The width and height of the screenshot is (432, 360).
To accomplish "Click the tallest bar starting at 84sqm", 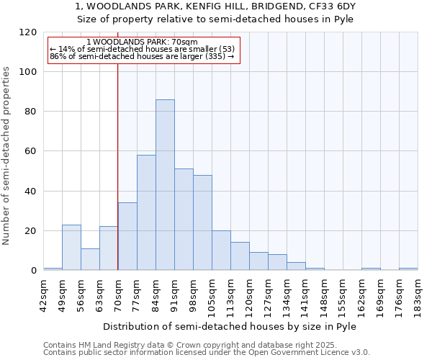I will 165,185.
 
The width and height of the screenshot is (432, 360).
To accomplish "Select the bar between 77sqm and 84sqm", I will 146,212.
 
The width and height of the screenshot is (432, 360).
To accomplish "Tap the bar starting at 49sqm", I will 71,248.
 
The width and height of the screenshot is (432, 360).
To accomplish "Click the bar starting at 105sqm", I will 221,251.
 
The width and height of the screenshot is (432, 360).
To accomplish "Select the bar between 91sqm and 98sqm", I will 184,220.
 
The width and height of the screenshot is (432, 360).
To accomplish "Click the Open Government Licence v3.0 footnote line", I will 206,353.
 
